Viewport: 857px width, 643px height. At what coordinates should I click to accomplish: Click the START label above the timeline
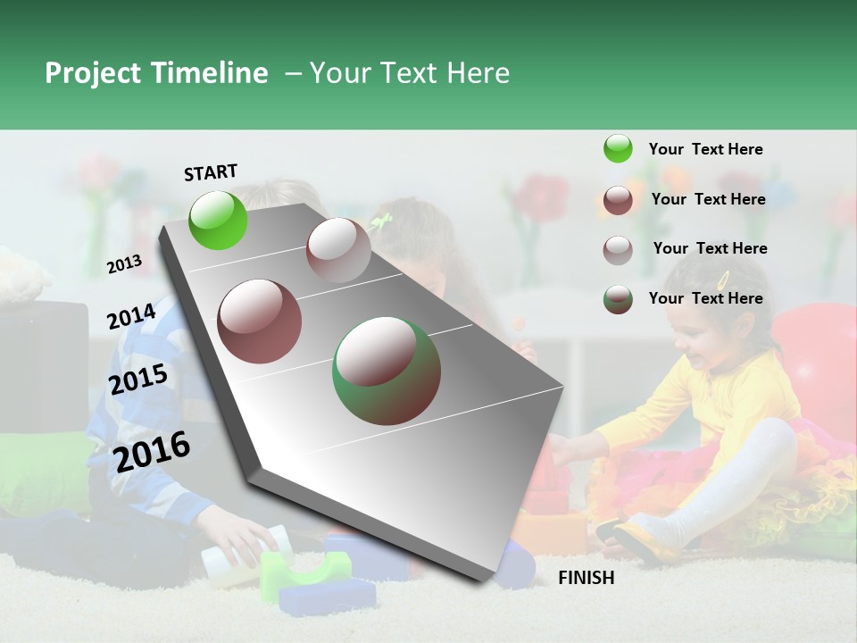click(x=211, y=172)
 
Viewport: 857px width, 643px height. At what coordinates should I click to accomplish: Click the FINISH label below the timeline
click(x=586, y=578)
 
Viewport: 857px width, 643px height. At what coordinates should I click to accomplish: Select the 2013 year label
click(x=124, y=264)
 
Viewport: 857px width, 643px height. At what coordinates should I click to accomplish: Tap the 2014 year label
click(x=131, y=317)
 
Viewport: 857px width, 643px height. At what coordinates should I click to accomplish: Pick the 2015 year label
click(x=137, y=380)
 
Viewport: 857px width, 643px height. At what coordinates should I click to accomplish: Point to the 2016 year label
click(x=152, y=451)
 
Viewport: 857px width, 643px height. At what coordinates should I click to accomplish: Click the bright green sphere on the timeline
click(x=219, y=220)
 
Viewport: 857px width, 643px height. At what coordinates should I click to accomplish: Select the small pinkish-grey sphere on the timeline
click(x=338, y=250)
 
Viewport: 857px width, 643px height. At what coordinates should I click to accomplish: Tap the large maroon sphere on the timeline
click(x=260, y=321)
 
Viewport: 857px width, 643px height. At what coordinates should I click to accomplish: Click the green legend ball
click(x=618, y=149)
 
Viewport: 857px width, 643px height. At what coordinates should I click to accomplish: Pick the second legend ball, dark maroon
click(x=618, y=200)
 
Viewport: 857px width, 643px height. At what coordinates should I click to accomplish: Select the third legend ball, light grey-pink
click(x=618, y=249)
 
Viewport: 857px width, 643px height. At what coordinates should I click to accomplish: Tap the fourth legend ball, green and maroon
click(x=618, y=299)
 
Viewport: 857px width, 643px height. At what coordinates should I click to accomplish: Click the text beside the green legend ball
click(x=705, y=149)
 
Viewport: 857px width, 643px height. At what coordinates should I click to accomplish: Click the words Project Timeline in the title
click(x=156, y=73)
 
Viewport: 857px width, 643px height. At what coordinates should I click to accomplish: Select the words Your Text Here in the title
click(x=410, y=73)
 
